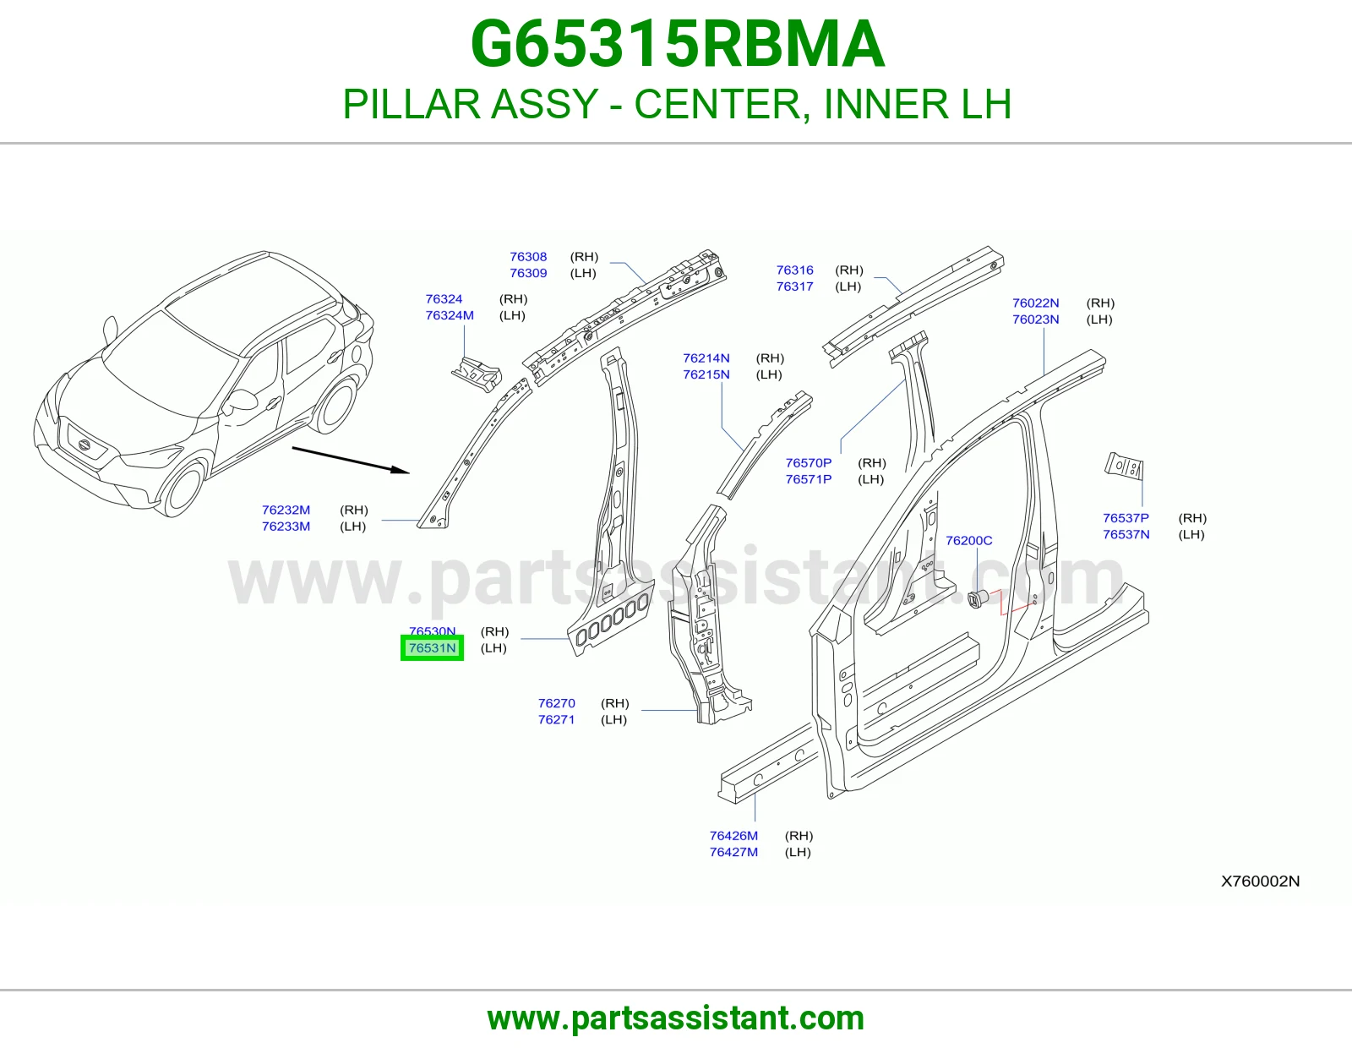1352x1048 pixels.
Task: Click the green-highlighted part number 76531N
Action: (x=432, y=648)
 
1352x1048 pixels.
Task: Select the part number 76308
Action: (x=528, y=256)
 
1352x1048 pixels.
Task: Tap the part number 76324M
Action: (x=450, y=315)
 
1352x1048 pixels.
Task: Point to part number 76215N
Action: (x=706, y=374)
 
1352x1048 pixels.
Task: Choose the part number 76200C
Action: (x=968, y=540)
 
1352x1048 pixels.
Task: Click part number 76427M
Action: (x=733, y=851)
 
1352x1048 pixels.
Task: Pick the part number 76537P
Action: (x=1126, y=518)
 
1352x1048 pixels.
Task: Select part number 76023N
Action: (x=1035, y=319)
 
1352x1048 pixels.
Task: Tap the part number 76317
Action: (x=794, y=287)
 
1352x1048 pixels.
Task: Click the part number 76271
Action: (x=556, y=719)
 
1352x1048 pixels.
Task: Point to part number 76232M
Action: (x=286, y=510)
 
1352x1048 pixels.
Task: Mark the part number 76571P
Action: (x=808, y=479)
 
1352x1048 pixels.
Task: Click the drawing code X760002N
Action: (x=1260, y=882)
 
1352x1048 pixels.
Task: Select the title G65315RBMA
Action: (x=677, y=44)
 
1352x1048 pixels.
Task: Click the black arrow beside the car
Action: (x=351, y=460)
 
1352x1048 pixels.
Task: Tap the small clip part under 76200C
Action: (x=978, y=598)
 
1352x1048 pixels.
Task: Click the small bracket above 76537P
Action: (x=1125, y=466)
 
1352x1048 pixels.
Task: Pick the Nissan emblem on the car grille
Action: (x=83, y=445)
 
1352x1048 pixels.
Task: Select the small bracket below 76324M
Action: (x=477, y=374)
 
